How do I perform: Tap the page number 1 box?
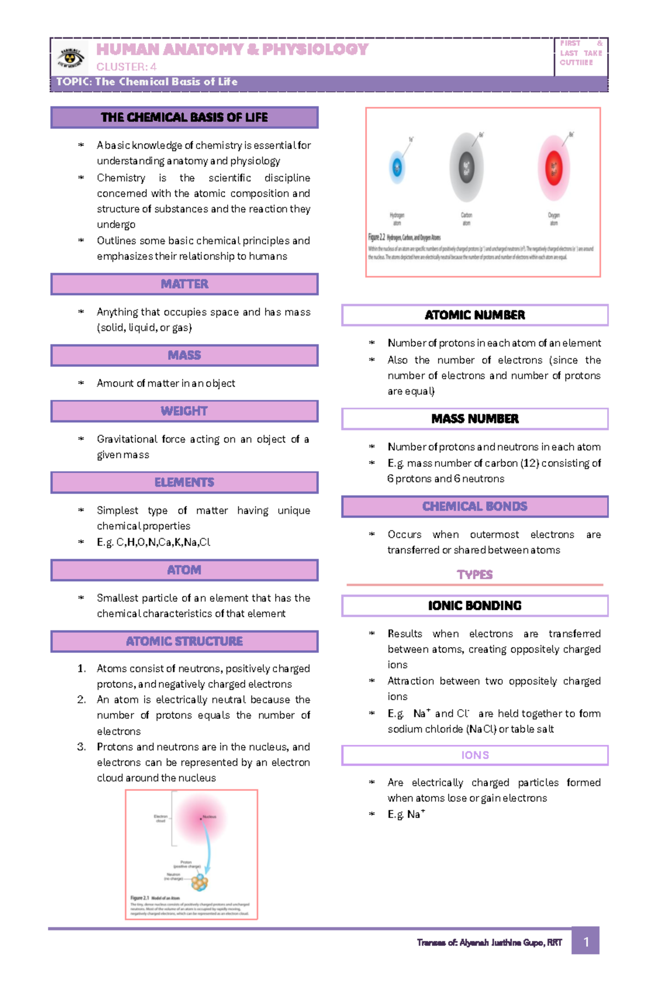click(x=585, y=942)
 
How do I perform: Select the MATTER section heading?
click(x=184, y=284)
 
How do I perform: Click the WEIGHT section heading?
click(x=184, y=411)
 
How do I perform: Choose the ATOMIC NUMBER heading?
click(x=475, y=315)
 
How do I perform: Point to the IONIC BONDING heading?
click(x=475, y=606)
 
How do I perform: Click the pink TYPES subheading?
click(x=475, y=574)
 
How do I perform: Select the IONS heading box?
click(x=475, y=755)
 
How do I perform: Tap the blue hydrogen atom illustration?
click(x=397, y=167)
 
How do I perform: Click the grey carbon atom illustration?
click(x=466, y=168)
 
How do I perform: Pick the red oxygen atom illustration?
click(x=553, y=168)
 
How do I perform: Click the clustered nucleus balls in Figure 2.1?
click(x=200, y=882)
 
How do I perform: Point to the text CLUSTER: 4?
click(x=127, y=67)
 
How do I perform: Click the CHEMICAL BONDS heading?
click(x=475, y=507)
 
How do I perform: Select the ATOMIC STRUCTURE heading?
click(x=184, y=641)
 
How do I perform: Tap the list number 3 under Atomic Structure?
click(x=81, y=746)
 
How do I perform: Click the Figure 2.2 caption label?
click(x=377, y=237)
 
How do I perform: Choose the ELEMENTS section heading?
click(x=184, y=483)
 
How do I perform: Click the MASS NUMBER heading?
click(x=475, y=419)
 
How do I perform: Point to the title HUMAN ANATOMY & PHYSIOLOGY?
click(x=232, y=49)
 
